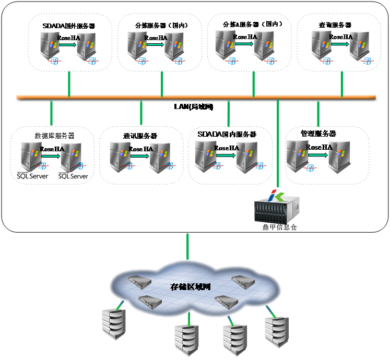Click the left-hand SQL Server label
tap(32, 176)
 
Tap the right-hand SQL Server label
tap(73, 176)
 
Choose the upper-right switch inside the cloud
tap(243, 282)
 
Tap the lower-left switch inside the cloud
tap(150, 301)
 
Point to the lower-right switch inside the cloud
tap(226, 301)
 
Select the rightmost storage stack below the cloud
tap(276, 331)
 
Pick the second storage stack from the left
tap(186, 339)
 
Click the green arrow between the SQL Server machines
tap(51, 155)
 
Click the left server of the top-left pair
tap(51, 46)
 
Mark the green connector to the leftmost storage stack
tap(121, 304)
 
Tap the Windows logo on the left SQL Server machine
tap(35, 153)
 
